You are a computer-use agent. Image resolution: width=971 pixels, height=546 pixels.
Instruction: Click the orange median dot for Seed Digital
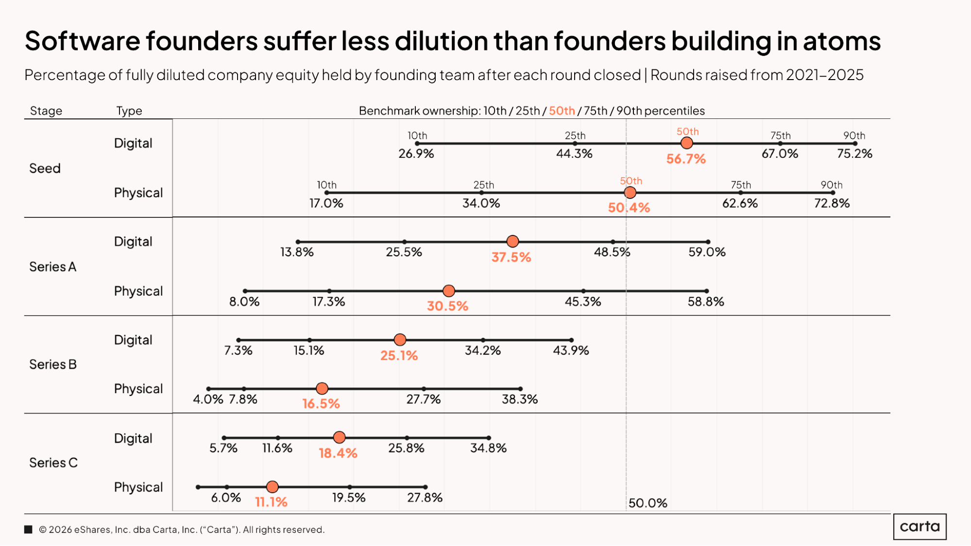pyautogui.click(x=686, y=143)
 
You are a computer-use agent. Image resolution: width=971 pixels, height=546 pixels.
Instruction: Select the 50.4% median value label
pyautogui.click(x=629, y=208)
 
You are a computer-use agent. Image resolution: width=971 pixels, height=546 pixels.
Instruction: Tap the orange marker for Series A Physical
pyautogui.click(x=449, y=291)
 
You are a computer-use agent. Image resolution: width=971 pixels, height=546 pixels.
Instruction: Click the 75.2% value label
pyautogui.click(x=854, y=154)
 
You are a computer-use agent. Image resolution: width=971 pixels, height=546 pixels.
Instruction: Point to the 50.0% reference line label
pyautogui.click(x=647, y=503)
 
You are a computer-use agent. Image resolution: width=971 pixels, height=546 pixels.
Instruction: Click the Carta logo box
pyautogui.click(x=920, y=527)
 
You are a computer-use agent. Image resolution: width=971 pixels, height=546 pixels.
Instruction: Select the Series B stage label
pyautogui.click(x=53, y=364)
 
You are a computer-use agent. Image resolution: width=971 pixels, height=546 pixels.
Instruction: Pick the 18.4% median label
pyautogui.click(x=338, y=453)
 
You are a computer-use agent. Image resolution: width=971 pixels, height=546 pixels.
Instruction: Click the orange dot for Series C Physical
pyautogui.click(x=273, y=487)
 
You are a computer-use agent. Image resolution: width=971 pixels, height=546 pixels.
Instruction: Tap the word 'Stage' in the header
pyautogui.click(x=46, y=111)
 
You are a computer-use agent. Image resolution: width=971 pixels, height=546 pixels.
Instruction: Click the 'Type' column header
pyautogui.click(x=129, y=111)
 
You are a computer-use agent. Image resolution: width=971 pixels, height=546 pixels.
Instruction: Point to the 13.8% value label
pyautogui.click(x=297, y=252)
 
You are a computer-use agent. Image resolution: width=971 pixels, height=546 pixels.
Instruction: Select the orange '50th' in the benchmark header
pyautogui.click(x=562, y=111)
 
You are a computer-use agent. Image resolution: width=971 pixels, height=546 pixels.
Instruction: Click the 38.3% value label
pyautogui.click(x=520, y=399)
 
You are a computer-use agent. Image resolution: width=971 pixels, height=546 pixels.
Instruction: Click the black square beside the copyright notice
pyautogui.click(x=28, y=529)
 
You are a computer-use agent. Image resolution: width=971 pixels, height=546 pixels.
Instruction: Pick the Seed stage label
pyautogui.click(x=45, y=168)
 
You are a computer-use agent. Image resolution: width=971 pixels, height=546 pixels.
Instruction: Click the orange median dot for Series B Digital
pyautogui.click(x=400, y=340)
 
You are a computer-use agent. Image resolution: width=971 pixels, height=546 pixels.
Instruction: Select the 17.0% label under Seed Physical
pyautogui.click(x=326, y=203)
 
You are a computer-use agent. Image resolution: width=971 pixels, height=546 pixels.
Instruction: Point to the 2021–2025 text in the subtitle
pyautogui.click(x=824, y=75)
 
